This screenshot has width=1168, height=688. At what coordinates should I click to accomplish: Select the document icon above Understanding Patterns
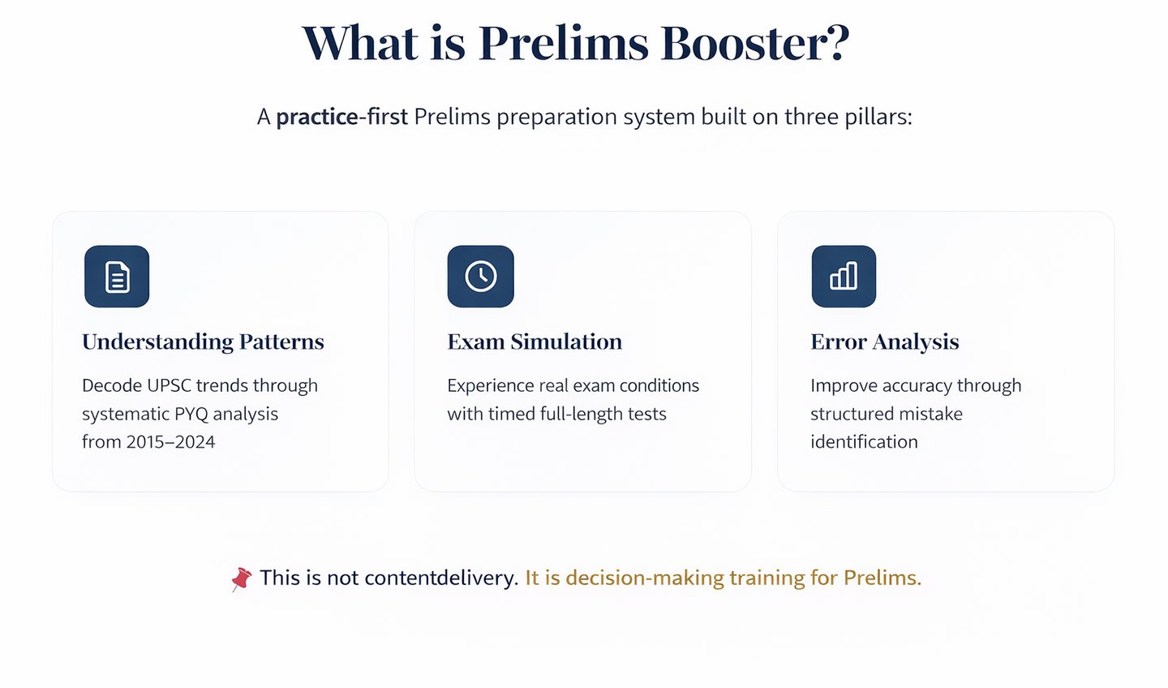(x=117, y=277)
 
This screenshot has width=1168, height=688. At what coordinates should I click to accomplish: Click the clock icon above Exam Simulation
(x=480, y=277)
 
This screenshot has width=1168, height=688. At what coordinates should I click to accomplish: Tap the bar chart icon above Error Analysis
(x=844, y=277)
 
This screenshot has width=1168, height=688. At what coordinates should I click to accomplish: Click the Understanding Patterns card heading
(x=203, y=342)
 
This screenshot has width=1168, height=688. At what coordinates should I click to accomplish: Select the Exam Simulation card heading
(x=535, y=342)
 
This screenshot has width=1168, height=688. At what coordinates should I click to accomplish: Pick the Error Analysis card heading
(x=884, y=342)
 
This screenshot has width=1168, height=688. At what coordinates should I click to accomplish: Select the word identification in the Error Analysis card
(x=864, y=442)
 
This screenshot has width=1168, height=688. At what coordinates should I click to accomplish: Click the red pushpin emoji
(x=241, y=578)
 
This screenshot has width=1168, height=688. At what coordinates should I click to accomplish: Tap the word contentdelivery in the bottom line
(x=440, y=578)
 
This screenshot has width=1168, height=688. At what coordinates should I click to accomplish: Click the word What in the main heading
(x=360, y=43)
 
